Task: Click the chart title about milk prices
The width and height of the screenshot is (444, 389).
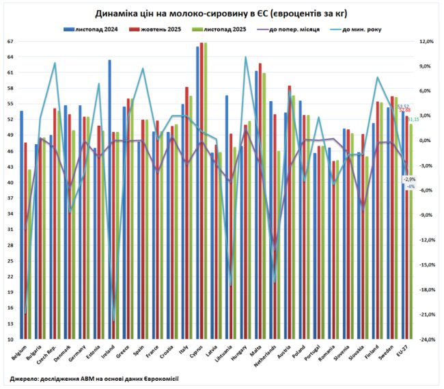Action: tap(221, 14)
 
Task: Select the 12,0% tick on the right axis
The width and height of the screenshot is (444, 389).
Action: tap(426, 42)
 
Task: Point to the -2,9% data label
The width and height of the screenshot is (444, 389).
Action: tap(410, 178)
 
